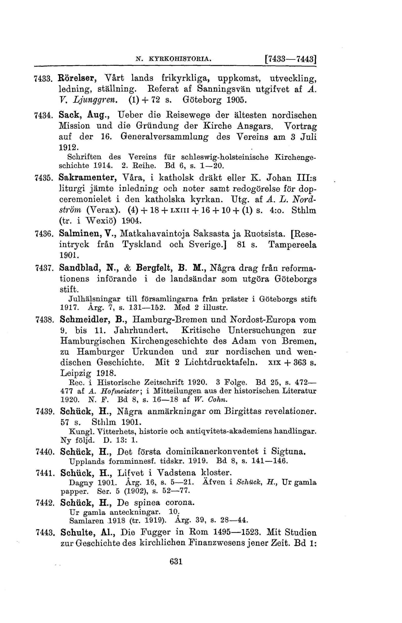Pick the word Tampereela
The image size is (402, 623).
pos(292,244)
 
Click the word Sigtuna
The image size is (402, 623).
pos(288,452)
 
